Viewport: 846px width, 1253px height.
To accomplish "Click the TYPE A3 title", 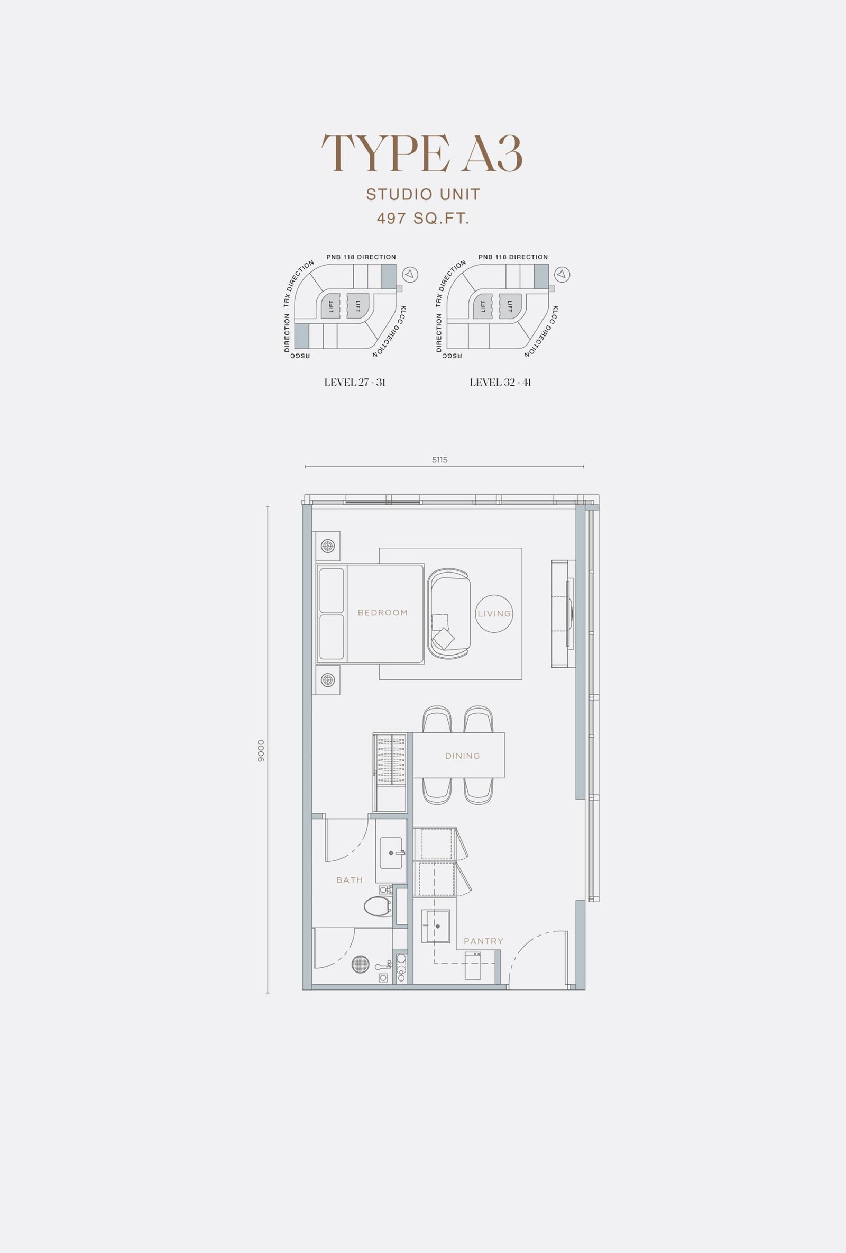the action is (x=422, y=153).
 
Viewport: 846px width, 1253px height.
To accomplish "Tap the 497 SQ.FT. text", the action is (x=423, y=219).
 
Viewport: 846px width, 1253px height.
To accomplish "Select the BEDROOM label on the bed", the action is (x=383, y=613).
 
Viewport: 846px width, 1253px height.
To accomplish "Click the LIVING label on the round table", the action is (x=494, y=614).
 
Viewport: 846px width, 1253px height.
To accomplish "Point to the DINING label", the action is (x=462, y=756).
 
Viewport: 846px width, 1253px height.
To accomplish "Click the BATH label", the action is (x=350, y=880).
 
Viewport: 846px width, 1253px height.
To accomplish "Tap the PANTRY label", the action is (x=483, y=941).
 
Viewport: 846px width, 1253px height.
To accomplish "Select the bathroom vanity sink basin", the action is (x=391, y=852).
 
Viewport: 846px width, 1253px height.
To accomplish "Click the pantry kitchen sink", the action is (x=435, y=927).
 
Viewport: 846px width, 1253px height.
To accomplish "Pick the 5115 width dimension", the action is (x=440, y=460).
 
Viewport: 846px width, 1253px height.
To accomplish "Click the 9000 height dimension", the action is (x=261, y=750).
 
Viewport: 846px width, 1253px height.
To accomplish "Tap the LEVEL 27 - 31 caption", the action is (x=355, y=382).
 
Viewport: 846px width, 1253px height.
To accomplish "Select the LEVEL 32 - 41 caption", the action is (x=501, y=382).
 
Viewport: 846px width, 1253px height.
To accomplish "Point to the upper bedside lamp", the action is (x=328, y=546).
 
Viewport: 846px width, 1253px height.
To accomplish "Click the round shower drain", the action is (x=361, y=965).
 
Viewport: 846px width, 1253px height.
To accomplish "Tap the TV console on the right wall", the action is (x=564, y=614).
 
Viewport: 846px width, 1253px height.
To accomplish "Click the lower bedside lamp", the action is (x=328, y=680).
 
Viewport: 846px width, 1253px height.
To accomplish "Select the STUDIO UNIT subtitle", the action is (x=423, y=194).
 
